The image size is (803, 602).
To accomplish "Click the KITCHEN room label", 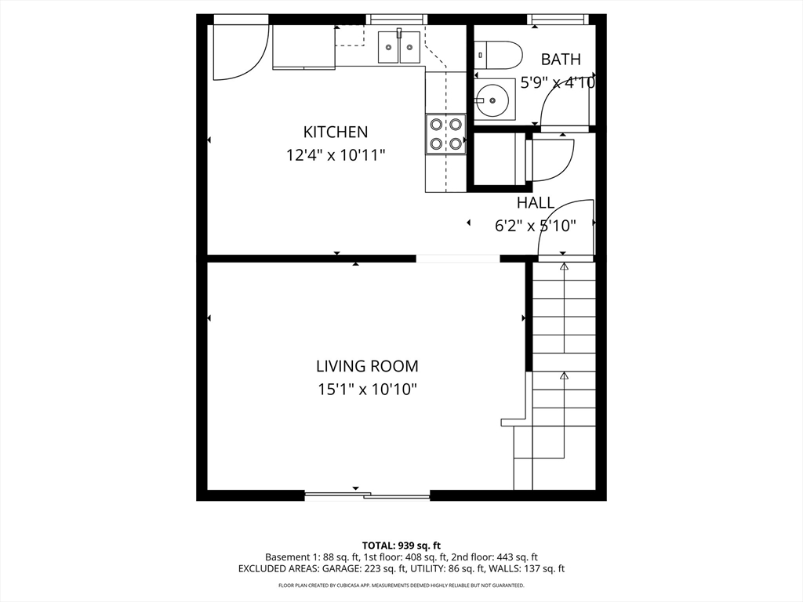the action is tap(336, 132).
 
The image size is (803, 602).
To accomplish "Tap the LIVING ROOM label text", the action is tap(367, 367).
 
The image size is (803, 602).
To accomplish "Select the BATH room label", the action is tap(561, 60).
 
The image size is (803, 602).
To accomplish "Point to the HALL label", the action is tap(535, 203).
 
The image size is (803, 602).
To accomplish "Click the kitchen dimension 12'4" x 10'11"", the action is tap(336, 154).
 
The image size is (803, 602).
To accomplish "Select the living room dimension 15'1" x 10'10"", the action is tap(367, 390).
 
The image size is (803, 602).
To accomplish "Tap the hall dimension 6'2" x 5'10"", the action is tap(535, 226).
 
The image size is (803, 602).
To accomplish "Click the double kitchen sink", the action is tap(399, 46).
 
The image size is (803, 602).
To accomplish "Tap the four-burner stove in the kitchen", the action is tap(445, 134).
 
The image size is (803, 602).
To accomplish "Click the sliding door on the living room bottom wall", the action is tap(367, 495).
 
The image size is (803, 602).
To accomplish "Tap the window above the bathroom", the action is tap(558, 20).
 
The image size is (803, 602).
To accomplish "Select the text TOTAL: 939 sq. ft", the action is tap(401, 546).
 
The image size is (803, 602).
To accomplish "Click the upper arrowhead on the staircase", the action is tap(564, 267).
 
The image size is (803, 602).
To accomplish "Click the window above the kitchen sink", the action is tap(397, 20).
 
